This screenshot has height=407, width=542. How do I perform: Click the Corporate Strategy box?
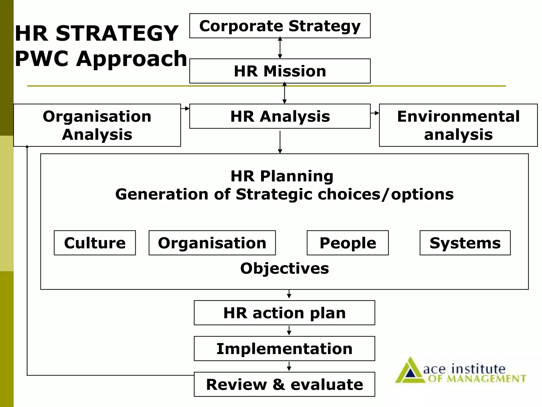(280, 26)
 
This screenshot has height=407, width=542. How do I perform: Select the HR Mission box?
(280, 71)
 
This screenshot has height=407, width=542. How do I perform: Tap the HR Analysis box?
(280, 116)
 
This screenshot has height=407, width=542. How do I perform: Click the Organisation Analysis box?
(97, 125)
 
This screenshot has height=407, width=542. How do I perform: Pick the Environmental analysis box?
(458, 125)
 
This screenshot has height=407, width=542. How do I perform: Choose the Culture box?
(95, 243)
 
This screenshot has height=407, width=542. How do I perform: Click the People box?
(347, 243)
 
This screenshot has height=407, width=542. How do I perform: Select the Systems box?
(465, 243)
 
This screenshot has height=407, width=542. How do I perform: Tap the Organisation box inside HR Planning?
(212, 243)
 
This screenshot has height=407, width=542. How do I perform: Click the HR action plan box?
(284, 313)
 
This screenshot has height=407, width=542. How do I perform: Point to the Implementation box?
(284, 348)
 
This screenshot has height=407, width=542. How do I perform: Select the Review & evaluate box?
(284, 384)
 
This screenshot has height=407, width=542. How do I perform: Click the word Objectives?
(284, 268)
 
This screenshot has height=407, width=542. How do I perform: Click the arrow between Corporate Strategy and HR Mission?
(280, 48)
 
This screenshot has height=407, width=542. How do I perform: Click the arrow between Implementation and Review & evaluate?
(289, 366)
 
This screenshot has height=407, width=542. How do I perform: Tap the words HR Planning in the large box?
(282, 176)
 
